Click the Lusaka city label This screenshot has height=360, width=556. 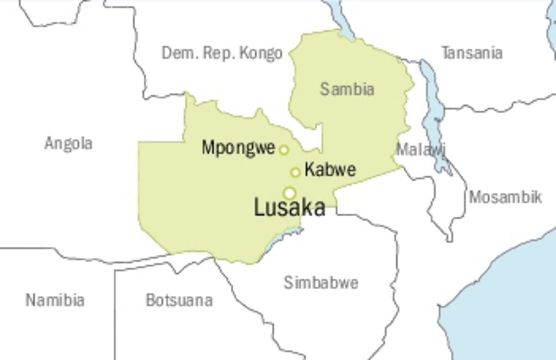tap(290, 208)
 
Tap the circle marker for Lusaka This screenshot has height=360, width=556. tap(290, 193)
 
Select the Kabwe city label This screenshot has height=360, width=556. tap(330, 170)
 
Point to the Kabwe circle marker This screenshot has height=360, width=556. tap(295, 172)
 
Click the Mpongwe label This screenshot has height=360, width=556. tap(238, 148)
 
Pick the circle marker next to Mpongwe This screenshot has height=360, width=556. tap(284, 150)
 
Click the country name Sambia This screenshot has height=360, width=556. tap(347, 89)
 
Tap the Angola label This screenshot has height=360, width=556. tap(68, 143)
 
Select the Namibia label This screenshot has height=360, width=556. tap(55, 300)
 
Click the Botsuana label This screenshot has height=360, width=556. tap(179, 300)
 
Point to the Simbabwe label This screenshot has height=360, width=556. tap(321, 283)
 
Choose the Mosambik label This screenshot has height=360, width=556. tap(505, 197)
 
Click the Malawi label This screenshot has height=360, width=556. tap(420, 150)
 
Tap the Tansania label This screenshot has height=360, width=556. tap(472, 53)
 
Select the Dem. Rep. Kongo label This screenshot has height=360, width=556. tap(222, 53)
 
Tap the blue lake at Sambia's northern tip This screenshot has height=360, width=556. tap(343, 22)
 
